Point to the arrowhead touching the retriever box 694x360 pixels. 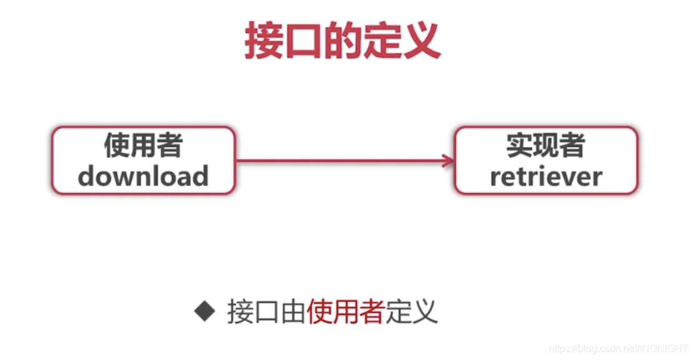click(x=448, y=161)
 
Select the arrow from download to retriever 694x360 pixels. click(x=344, y=161)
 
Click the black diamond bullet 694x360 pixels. click(x=204, y=311)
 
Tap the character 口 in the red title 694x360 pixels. click(x=303, y=42)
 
